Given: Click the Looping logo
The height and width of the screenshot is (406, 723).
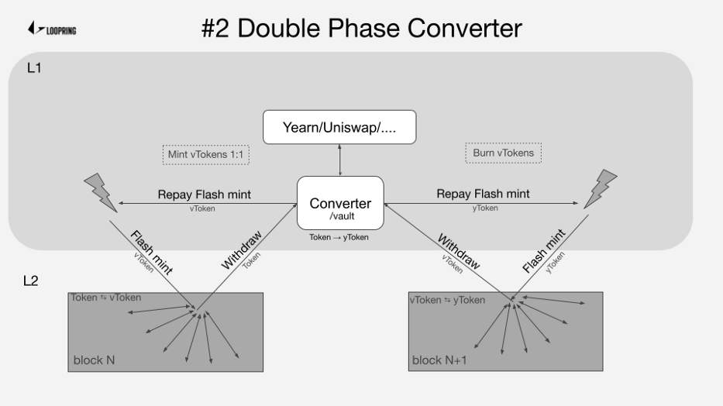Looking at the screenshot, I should click(52, 29).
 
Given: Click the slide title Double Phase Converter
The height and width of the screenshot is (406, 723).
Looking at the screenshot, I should click(361, 28).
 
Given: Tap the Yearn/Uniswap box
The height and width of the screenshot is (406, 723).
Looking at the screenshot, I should click(339, 126).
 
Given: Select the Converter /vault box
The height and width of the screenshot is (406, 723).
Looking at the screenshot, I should click(340, 203).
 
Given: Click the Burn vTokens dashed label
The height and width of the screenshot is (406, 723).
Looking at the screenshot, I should click(503, 153).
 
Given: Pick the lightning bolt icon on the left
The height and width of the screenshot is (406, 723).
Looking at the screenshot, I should click(101, 192).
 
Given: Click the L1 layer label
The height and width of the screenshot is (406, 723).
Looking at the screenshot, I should click(34, 68).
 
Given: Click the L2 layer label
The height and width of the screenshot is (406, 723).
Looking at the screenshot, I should click(31, 280).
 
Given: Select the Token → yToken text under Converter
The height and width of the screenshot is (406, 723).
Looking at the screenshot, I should click(339, 237).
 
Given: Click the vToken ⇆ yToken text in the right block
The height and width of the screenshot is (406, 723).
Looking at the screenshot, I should click(447, 300).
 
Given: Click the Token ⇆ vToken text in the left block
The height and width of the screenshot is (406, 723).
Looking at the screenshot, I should click(105, 298).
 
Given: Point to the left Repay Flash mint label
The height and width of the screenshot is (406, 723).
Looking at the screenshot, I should click(204, 194).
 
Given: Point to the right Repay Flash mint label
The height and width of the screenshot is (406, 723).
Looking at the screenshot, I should click(483, 194).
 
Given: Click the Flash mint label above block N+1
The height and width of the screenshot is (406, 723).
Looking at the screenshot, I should click(545, 250).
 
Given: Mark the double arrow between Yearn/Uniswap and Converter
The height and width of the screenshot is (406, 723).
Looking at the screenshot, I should click(340, 160).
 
